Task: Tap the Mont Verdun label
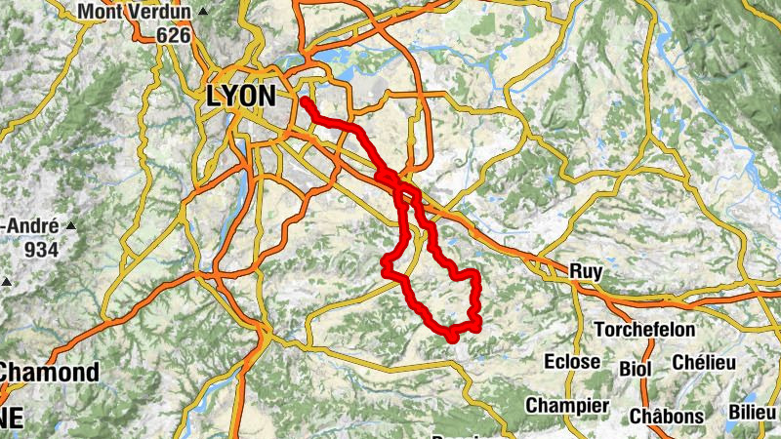click(135, 12)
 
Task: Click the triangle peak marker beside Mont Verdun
click(203, 12)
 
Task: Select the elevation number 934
click(42, 249)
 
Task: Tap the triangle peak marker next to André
click(70, 224)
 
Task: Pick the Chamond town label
click(49, 372)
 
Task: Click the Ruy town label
click(586, 271)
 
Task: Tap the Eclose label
click(572, 362)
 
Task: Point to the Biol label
click(636, 369)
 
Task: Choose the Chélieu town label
click(703, 362)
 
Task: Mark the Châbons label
click(666, 416)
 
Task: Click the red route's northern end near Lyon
click(305, 100)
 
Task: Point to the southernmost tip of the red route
click(452, 339)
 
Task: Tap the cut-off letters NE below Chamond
click(12, 417)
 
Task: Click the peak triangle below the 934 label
click(8, 282)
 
